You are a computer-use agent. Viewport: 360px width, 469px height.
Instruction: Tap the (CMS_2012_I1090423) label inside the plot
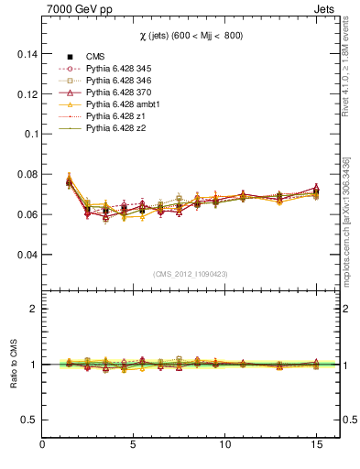tap(191, 274)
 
